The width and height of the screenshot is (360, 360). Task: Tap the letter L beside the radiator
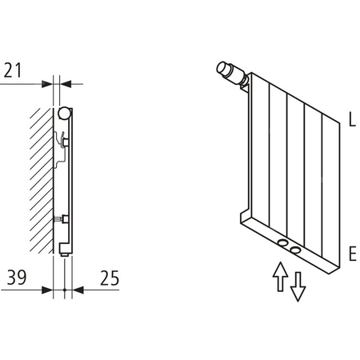(352, 122)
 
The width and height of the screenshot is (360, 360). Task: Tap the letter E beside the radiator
(352, 256)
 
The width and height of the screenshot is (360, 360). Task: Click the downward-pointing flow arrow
(298, 286)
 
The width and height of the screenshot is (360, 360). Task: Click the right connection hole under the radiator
(297, 250)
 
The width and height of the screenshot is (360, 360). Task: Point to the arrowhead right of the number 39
(47, 289)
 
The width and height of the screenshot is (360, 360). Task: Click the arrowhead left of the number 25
(78, 289)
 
